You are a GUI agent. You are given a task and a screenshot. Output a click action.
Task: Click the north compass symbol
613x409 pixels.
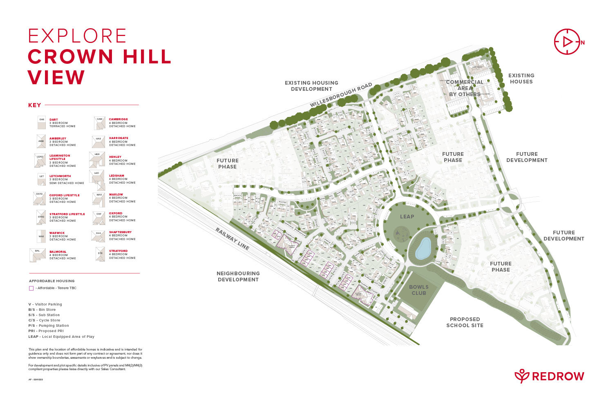(x=567, y=42)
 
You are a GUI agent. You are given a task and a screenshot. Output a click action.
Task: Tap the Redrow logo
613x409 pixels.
(x=549, y=376)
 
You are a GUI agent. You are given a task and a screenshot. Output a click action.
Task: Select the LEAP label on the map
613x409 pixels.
(x=407, y=217)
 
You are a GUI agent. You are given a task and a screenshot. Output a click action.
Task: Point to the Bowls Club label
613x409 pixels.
(x=419, y=290)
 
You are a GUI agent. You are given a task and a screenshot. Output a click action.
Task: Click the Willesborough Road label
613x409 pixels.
(x=341, y=95)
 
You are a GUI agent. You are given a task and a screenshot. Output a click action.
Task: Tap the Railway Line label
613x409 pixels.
(x=232, y=239)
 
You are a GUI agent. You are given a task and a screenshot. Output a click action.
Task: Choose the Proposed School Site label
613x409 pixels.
(x=465, y=322)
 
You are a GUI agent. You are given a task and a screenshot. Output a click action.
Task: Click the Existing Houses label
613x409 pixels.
(x=521, y=79)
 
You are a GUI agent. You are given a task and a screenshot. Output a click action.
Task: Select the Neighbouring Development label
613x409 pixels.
(x=238, y=276)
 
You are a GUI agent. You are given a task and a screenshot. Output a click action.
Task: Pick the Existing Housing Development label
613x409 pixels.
(x=311, y=86)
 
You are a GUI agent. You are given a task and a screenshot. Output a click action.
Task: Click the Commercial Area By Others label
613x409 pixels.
(x=465, y=88)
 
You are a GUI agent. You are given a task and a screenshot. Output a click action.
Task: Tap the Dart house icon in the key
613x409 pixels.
(x=42, y=123)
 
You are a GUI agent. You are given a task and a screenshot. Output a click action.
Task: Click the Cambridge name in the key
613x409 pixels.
(x=118, y=119)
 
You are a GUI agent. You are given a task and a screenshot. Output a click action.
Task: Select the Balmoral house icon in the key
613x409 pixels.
(x=38, y=254)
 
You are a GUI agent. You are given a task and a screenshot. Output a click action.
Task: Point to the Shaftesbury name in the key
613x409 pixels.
(x=120, y=232)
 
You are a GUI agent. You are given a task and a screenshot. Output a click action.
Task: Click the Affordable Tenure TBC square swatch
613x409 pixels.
(x=31, y=288)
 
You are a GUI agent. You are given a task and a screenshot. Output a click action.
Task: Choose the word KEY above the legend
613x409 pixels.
(x=35, y=105)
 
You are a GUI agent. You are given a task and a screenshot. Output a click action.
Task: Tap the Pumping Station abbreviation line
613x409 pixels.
(x=49, y=326)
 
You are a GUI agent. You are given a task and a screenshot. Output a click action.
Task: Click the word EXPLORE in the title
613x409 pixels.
(x=77, y=36)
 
